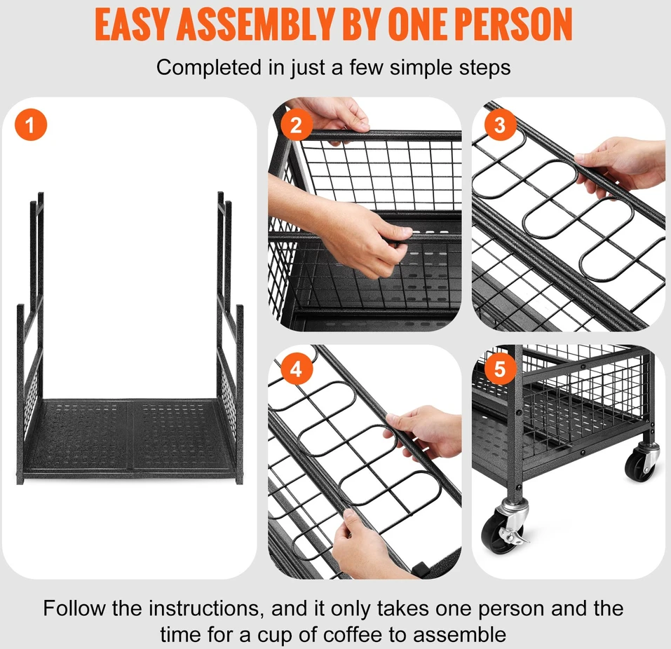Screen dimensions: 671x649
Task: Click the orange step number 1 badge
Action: click(x=31, y=125)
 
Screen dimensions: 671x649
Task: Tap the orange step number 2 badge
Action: click(x=296, y=125)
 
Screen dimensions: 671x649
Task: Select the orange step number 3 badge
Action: click(x=500, y=125)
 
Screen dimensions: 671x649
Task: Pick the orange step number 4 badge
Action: click(x=296, y=369)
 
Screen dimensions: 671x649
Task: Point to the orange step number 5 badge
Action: click(x=500, y=369)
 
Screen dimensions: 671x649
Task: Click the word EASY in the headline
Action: click(x=132, y=25)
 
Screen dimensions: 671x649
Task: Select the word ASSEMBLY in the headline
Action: click(x=255, y=25)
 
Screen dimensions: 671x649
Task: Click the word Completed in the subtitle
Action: click(x=209, y=67)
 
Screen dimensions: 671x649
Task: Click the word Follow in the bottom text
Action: click(x=74, y=608)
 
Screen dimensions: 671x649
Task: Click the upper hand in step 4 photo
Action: click(x=425, y=431)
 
